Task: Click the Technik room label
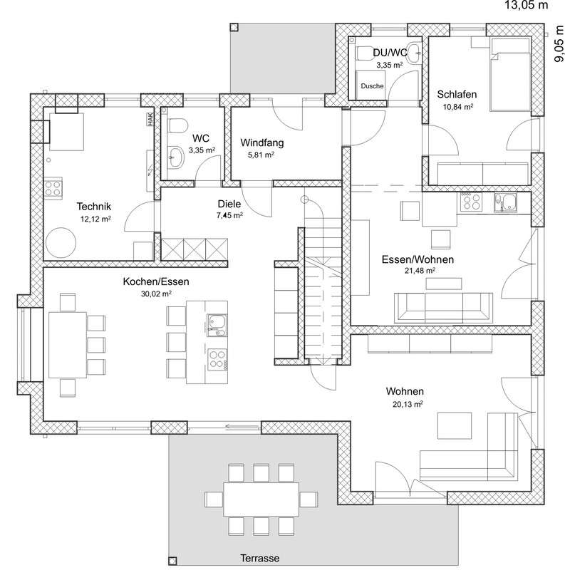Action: (94, 207)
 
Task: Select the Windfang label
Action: (261, 142)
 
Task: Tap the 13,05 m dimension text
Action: (526, 5)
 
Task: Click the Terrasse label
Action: (260, 558)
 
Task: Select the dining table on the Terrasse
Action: (261, 499)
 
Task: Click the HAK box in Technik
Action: (150, 119)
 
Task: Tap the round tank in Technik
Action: (61, 243)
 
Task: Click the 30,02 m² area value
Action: (156, 294)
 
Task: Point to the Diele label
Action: (229, 204)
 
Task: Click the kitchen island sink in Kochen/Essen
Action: (217, 326)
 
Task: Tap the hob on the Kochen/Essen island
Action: (217, 359)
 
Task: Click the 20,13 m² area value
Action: (408, 404)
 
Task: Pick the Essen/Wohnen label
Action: (418, 259)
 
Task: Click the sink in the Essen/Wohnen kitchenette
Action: (505, 202)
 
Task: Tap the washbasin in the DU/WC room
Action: (413, 54)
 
